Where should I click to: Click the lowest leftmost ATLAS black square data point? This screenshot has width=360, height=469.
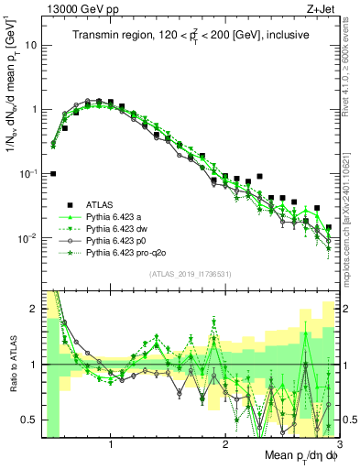52,173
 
